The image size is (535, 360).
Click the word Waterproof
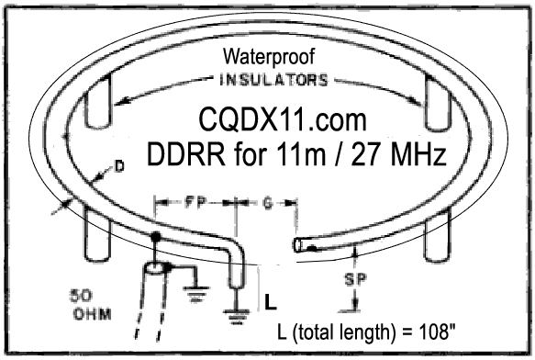(269, 57)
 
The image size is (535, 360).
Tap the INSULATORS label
(273, 81)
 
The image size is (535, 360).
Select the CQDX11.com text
(283, 120)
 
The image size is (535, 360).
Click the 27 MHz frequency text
(398, 153)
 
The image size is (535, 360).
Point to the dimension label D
(118, 166)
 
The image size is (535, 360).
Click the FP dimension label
(195, 202)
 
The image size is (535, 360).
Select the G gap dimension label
(268, 203)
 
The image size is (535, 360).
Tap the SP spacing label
(355, 279)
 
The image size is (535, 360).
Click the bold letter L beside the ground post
(271, 302)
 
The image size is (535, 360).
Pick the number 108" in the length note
(439, 332)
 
